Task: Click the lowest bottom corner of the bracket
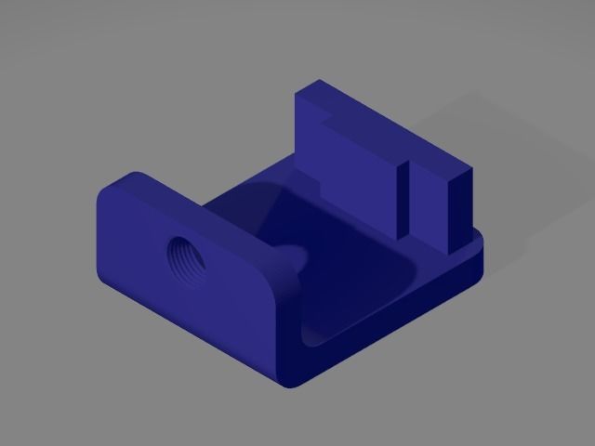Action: point(289,383)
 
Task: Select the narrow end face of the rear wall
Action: point(462,210)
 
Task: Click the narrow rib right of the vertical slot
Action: point(428,209)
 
